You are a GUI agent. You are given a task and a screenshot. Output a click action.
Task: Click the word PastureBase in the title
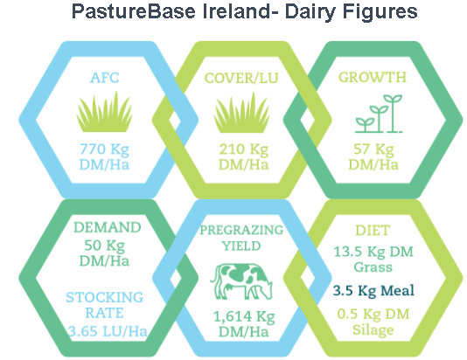click(x=134, y=11)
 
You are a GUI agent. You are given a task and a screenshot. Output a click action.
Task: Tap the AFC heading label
click(x=105, y=78)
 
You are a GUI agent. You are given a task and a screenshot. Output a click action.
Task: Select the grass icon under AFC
click(x=104, y=112)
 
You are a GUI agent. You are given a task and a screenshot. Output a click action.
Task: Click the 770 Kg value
click(x=104, y=149)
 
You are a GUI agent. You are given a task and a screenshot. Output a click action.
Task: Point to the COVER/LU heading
click(x=241, y=79)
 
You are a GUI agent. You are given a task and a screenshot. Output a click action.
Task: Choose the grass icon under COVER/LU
click(x=241, y=113)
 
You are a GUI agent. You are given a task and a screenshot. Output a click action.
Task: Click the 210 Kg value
click(x=244, y=149)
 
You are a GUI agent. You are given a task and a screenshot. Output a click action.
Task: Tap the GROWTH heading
click(x=373, y=78)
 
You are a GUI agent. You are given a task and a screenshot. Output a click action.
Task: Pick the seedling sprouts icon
click(x=379, y=114)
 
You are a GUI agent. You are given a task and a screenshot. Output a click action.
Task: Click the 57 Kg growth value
click(x=373, y=149)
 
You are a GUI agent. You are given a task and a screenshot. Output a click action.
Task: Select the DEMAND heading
click(x=108, y=227)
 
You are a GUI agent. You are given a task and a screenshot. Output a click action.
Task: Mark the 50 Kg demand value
click(x=104, y=246)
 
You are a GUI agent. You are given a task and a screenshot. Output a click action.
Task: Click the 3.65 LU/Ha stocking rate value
click(x=108, y=331)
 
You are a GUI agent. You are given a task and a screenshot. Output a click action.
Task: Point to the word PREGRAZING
click(x=241, y=231)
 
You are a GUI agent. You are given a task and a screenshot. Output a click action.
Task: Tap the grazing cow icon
click(x=241, y=281)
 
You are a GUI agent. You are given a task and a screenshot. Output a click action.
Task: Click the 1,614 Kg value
click(x=244, y=317)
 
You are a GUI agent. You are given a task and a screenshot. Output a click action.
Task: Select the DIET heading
click(x=373, y=231)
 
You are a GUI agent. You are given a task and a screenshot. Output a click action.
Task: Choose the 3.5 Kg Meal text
click(x=373, y=291)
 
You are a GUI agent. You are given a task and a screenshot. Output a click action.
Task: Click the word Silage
click(x=373, y=330)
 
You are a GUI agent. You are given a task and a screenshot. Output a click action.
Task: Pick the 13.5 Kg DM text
click(x=373, y=252)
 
